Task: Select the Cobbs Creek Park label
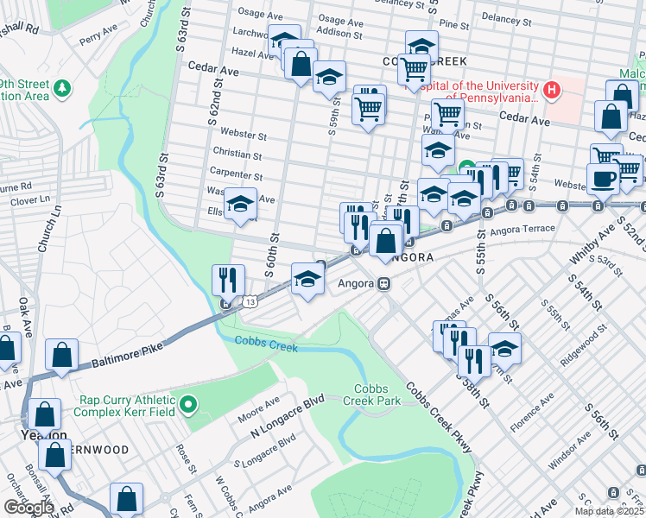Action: [x=376, y=395]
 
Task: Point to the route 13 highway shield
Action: [x=250, y=302]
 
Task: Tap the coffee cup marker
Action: [x=603, y=178]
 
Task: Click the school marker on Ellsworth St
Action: [x=241, y=205]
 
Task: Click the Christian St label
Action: [x=241, y=155]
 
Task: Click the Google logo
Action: [x=28, y=508]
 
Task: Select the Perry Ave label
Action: [x=98, y=34]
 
